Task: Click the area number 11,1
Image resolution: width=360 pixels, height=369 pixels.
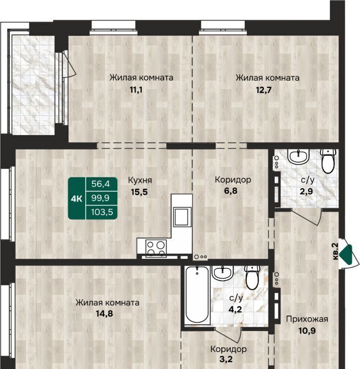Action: pos(136,90)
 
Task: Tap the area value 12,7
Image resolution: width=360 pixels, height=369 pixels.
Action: pos(263,90)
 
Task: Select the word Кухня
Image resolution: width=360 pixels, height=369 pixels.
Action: pos(140,180)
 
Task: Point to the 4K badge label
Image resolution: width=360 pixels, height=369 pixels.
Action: pos(76,199)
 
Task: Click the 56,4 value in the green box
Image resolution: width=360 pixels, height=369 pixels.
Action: pos(100,183)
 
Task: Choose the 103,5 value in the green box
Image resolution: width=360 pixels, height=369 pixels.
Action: pos(102,212)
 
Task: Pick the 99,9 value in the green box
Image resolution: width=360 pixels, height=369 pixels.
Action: pos(100,198)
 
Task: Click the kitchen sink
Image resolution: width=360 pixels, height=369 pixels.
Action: pos(181,217)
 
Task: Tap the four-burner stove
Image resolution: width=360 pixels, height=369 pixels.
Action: pos(156,248)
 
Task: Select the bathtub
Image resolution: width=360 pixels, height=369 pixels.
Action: pos(197,295)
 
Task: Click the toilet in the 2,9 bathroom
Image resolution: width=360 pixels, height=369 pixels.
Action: pos(328,161)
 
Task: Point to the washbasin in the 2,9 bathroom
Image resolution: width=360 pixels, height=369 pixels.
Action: pos(298,156)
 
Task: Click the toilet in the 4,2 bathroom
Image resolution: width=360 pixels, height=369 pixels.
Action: pos(252,277)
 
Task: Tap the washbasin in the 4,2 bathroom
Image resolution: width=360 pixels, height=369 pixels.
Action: pos(222,273)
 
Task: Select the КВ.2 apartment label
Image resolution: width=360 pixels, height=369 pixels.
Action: pos(336,252)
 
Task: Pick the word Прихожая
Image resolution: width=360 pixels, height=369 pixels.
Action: pos(307,319)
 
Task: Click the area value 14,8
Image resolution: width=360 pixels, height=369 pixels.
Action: pos(104,313)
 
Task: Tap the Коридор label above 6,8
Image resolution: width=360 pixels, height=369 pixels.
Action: pos(233,180)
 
